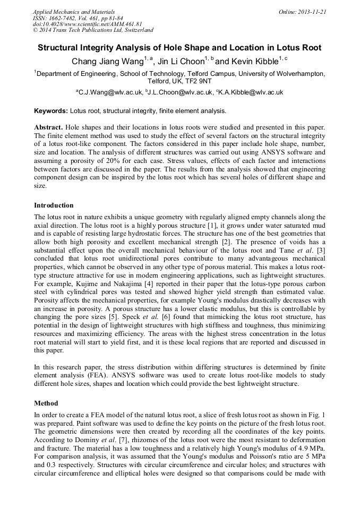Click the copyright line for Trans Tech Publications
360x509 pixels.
93,30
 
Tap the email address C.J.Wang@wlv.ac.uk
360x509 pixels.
110,92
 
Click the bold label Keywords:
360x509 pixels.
51,111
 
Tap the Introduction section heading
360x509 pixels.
54,205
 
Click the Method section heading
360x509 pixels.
46,403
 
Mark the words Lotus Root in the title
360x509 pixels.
300,48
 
